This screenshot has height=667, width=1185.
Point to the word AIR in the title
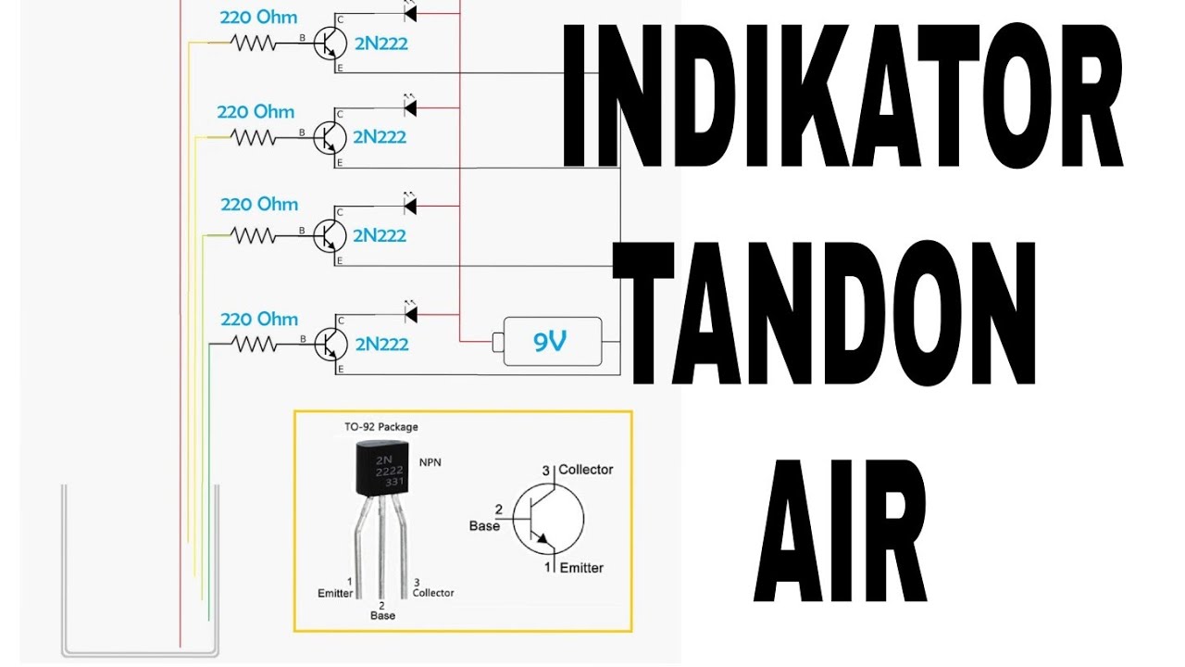tap(840, 530)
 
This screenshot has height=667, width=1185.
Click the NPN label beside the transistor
tap(430, 461)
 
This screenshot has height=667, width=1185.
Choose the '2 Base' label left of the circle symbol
tap(485, 518)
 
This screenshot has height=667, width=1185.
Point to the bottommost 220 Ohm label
tap(259, 320)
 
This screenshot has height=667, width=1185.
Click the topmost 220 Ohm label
tap(259, 18)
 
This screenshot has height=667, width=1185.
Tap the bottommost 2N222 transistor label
tap(380, 345)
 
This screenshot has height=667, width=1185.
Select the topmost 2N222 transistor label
tap(380, 43)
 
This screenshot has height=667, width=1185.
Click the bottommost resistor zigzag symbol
tap(253, 345)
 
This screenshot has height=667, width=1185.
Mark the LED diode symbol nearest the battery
tap(410, 314)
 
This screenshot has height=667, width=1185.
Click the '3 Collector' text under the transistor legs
tap(432, 587)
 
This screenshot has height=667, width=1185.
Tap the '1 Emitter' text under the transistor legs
tap(335, 587)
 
